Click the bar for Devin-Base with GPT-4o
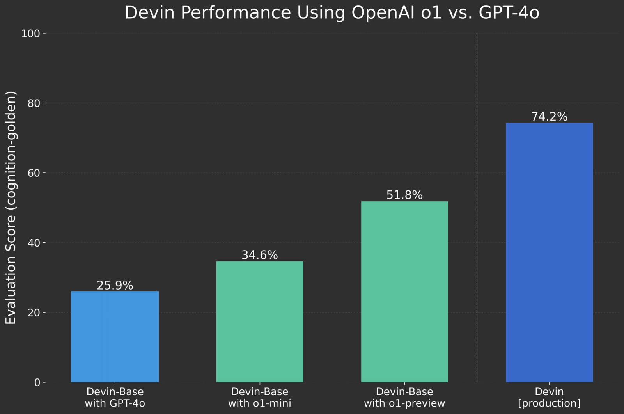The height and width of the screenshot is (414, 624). click(x=115, y=336)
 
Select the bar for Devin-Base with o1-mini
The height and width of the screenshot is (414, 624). click(x=259, y=322)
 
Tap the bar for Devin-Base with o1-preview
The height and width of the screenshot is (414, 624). click(x=404, y=291)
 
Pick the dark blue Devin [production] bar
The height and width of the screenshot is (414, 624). click(x=549, y=252)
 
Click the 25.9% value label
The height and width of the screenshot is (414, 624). click(x=115, y=286)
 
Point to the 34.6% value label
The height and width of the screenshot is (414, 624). click(x=259, y=255)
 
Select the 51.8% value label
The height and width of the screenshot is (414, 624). click(x=404, y=195)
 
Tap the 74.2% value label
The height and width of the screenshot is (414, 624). click(x=549, y=117)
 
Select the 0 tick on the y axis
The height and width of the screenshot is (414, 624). click(x=37, y=383)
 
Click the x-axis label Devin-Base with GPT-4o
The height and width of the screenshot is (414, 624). click(x=115, y=397)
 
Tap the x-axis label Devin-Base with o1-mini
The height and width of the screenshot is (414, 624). click(x=259, y=397)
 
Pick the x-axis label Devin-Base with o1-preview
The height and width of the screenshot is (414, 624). click(x=404, y=397)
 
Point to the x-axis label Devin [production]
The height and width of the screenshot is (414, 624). click(x=549, y=397)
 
